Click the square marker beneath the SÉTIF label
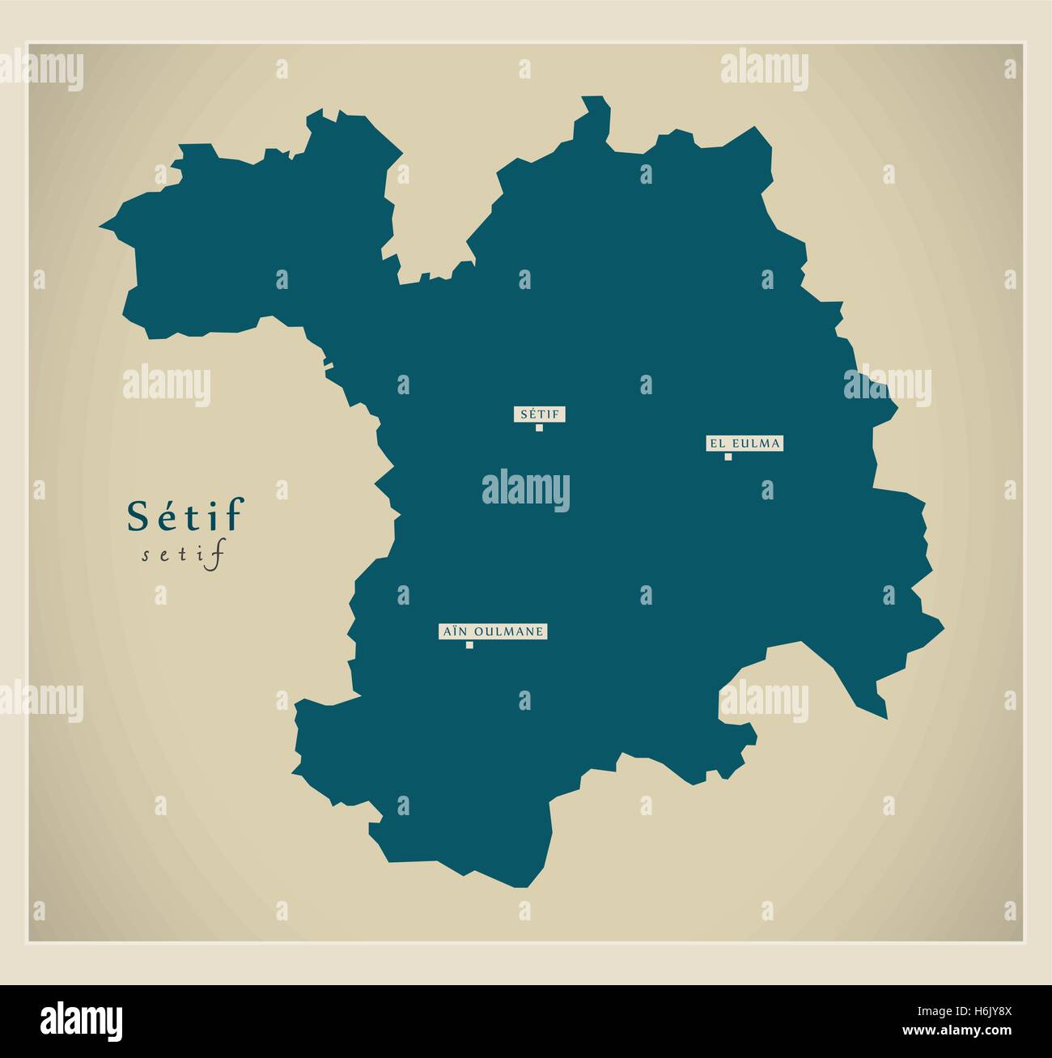coord(539,427)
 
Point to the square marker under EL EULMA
coord(727,457)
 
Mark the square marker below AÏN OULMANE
coord(469,645)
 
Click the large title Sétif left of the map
coord(185,516)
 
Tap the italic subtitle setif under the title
coord(181,555)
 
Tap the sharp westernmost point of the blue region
coord(102,226)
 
